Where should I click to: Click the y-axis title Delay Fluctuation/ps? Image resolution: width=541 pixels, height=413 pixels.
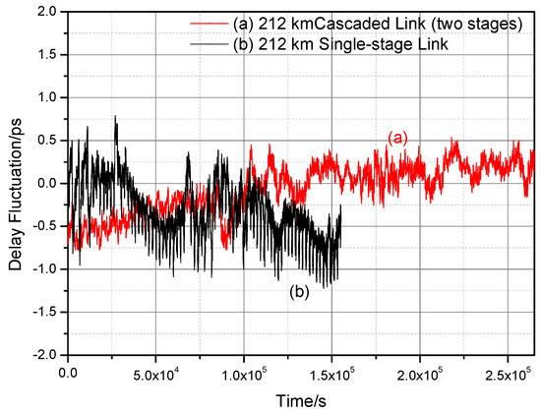[14, 183]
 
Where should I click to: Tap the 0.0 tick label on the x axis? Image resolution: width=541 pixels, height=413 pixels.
[68, 374]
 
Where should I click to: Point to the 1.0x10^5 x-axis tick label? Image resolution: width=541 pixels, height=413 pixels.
[244, 374]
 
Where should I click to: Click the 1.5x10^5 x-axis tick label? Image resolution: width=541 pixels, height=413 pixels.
[332, 374]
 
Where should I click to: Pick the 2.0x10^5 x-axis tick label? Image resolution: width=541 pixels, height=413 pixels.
[421, 374]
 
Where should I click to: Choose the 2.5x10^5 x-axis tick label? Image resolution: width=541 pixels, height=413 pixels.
[509, 374]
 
